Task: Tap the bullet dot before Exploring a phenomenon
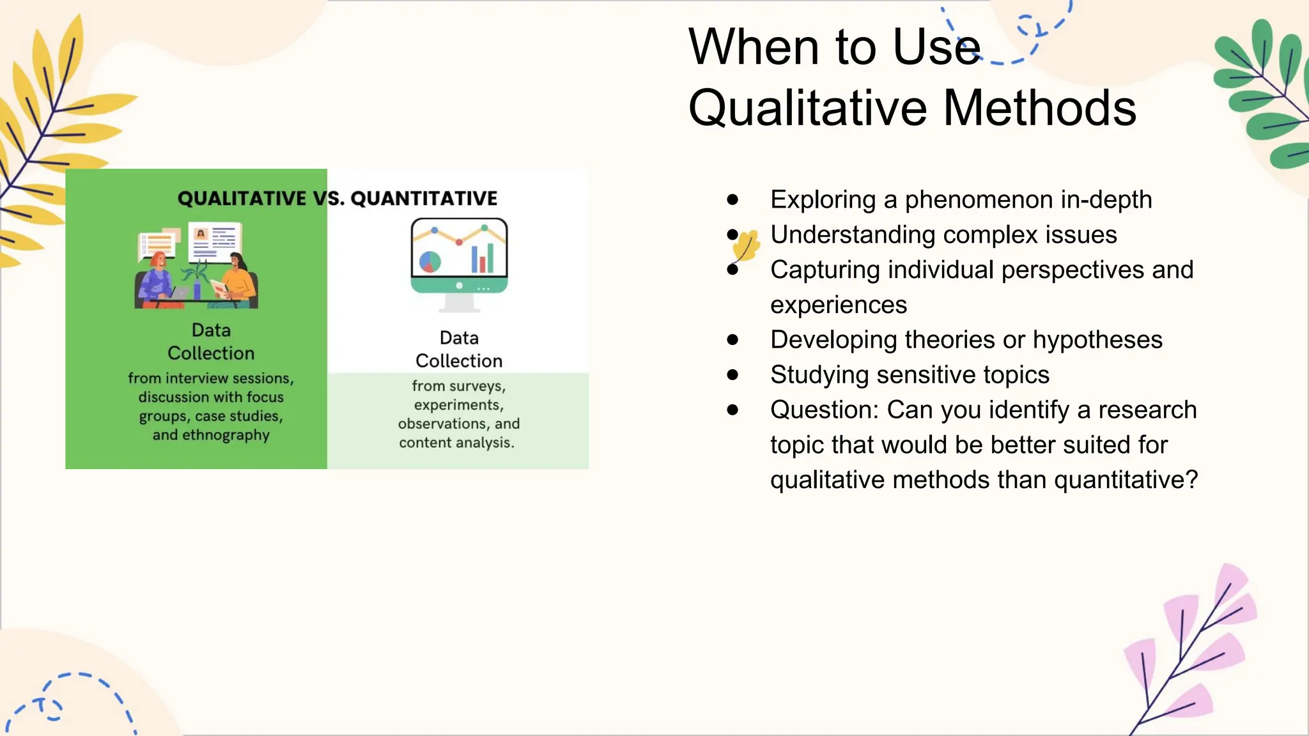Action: coord(732,200)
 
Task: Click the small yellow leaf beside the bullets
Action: coord(747,246)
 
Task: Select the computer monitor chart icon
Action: coord(459,262)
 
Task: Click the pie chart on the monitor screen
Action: coord(430,261)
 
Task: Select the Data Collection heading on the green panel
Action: coord(211,342)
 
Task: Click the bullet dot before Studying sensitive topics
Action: coord(732,375)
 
